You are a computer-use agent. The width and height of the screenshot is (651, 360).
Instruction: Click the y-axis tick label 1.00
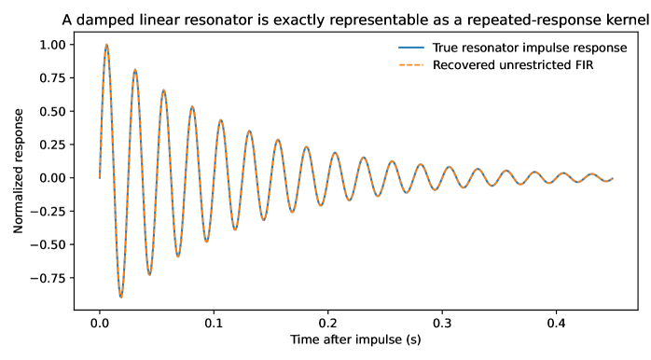point(52,45)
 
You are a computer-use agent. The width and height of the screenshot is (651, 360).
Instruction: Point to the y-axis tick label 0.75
point(52,78)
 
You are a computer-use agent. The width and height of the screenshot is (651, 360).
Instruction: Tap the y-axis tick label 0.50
point(52,111)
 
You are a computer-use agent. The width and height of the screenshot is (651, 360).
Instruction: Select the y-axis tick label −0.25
point(48,212)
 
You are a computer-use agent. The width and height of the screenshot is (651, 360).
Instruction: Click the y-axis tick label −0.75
point(48,278)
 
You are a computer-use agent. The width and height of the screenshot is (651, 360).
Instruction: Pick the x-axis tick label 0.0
point(100,323)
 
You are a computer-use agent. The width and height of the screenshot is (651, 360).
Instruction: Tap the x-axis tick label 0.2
point(328,323)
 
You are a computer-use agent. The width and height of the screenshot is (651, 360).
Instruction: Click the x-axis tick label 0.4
point(557,323)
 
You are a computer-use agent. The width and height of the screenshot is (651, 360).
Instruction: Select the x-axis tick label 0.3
point(442,323)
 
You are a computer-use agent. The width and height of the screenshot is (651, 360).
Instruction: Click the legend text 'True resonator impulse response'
point(530,48)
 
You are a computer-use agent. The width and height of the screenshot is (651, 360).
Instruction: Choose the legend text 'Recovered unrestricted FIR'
point(513,65)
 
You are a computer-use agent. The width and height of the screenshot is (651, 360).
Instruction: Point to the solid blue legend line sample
point(411,48)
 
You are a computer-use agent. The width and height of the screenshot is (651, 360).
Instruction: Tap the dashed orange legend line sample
point(411,65)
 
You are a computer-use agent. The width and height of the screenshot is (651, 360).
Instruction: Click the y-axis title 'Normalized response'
point(18,171)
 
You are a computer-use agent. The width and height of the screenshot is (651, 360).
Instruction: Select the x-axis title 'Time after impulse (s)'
point(355,339)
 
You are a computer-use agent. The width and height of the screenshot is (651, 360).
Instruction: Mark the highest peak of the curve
point(106,45)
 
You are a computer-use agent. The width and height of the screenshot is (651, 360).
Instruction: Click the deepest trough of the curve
point(121,298)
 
